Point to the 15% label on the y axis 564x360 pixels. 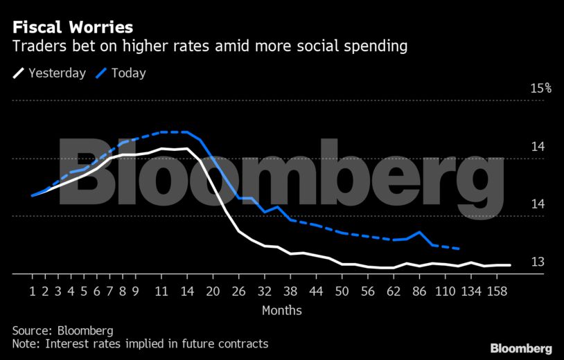coord(540,89)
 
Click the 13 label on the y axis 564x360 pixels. coord(538,262)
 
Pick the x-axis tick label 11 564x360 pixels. coord(161,291)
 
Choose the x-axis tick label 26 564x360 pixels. coord(239,291)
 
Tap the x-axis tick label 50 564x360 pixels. coord(342,291)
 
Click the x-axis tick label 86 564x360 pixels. coord(419,291)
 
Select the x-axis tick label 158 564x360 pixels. coord(495,291)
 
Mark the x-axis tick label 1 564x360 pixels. coord(32,291)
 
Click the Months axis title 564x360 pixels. coord(281,310)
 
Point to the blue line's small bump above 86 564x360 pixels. coord(419,232)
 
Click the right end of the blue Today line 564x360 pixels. coord(460,249)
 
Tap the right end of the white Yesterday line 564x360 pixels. coord(511,265)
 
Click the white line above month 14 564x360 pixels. coord(187,148)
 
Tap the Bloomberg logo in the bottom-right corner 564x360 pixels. coord(520,348)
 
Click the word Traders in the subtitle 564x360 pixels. coord(33,47)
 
